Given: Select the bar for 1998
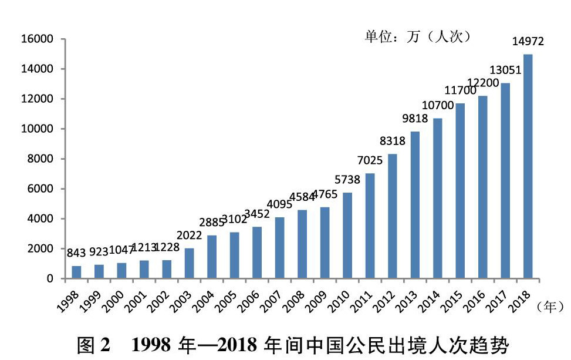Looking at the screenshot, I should pos(76,272).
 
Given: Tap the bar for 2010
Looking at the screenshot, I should pos(347,235).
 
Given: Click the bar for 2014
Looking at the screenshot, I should pos(438,198).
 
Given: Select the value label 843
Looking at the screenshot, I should pos(76,253).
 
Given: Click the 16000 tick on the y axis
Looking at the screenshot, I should pos(37,39).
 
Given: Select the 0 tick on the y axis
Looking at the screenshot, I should pos(50,279).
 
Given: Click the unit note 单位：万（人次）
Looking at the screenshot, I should pos(418,37).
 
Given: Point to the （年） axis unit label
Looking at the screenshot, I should pos(551,306).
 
